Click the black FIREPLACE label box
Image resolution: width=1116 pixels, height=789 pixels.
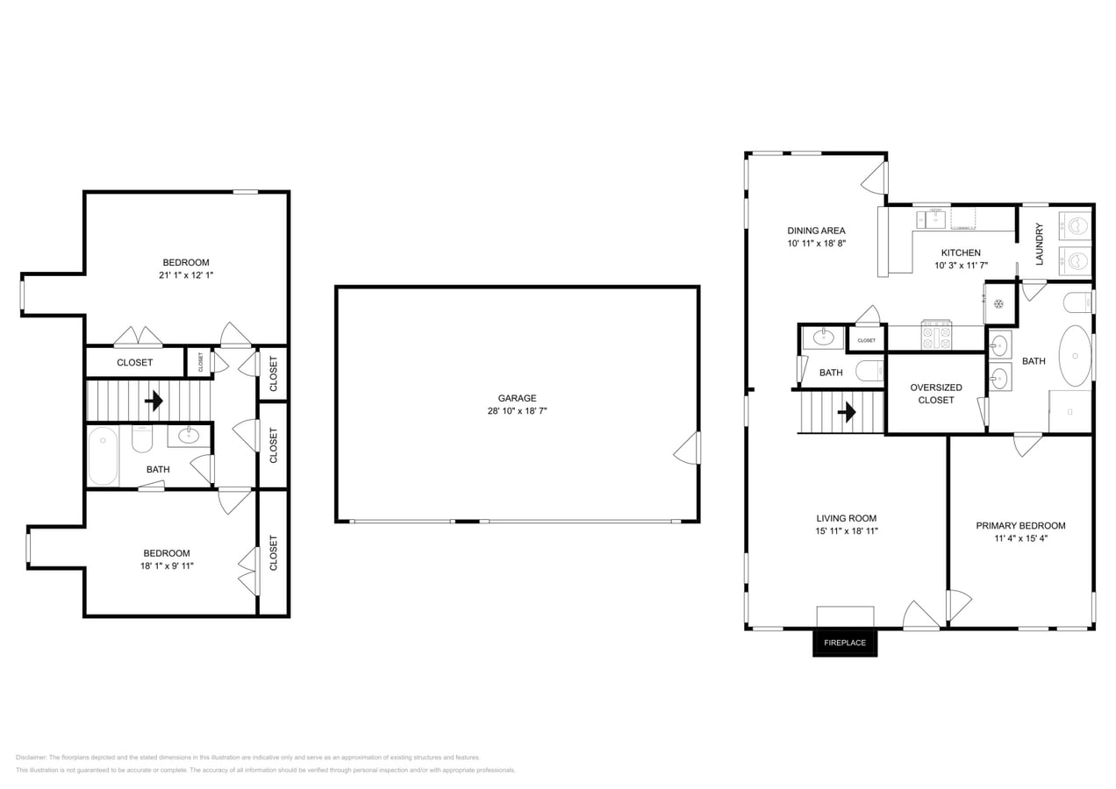[844, 643]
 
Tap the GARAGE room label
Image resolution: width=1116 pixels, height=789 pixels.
[517, 398]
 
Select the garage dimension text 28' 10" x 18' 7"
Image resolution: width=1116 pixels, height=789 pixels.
[517, 410]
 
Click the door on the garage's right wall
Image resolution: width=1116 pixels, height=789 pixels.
[688, 448]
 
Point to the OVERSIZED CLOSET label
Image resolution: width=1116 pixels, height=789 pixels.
[935, 394]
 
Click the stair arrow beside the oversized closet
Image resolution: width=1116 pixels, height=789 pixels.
[847, 412]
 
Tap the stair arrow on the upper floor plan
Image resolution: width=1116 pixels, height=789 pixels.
[154, 401]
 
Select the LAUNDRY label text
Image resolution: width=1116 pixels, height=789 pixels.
[1040, 244]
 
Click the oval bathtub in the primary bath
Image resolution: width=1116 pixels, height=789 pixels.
[1075, 356]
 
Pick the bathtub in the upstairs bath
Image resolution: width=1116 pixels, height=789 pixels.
[103, 456]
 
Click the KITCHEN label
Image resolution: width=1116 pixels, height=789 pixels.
[961, 252]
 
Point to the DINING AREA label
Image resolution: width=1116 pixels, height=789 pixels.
[816, 231]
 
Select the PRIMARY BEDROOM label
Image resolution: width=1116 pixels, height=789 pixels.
[1020, 526]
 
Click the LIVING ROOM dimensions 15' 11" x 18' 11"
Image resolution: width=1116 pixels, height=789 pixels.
[847, 530]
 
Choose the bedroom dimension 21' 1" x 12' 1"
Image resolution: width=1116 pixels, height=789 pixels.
[186, 274]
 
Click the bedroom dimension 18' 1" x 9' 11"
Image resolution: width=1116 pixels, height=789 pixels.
[167, 565]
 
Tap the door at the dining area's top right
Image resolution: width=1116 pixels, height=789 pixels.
[875, 178]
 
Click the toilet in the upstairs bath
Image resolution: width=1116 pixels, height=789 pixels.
[142, 438]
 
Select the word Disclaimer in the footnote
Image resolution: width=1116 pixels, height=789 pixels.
[31, 757]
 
